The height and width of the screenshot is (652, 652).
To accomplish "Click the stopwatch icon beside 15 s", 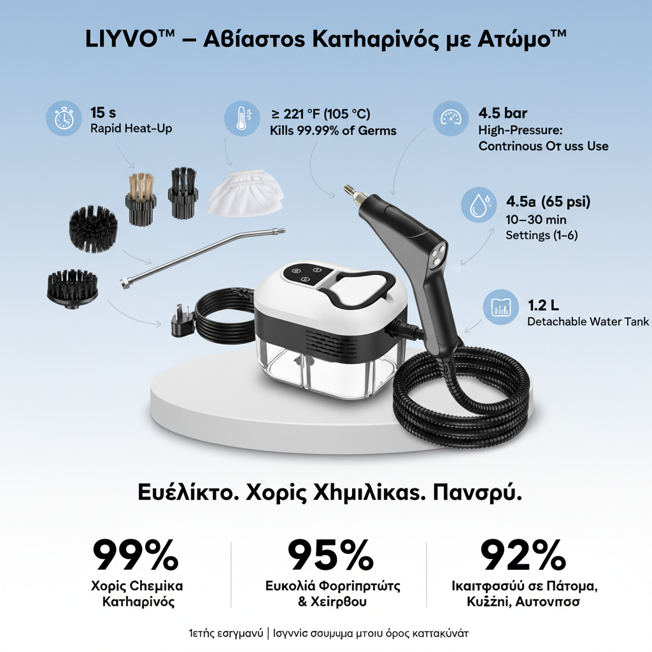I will coord(64,118).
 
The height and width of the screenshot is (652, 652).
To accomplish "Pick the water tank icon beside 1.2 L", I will coord(499,307).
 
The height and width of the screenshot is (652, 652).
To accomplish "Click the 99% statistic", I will coord(136,555).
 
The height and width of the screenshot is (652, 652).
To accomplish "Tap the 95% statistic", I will coord(330,555).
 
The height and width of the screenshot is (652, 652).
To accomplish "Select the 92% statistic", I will coord(523,555).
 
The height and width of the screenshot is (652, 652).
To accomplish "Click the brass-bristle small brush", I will coord(140,197).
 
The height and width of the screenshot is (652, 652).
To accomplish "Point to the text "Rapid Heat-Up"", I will coord(131,128).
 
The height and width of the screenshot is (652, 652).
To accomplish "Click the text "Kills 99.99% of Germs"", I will coord(333,131).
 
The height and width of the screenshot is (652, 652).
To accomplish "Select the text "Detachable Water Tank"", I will coord(588,322).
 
